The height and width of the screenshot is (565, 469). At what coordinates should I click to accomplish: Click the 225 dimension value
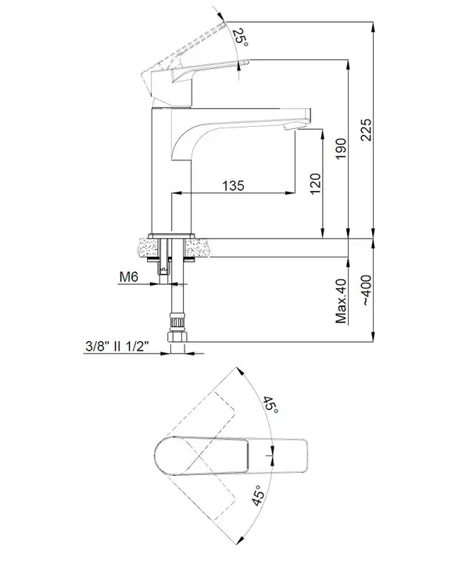366,129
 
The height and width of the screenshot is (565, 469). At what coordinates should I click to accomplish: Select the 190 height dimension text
341,149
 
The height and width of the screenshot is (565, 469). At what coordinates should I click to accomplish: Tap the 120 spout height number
315,184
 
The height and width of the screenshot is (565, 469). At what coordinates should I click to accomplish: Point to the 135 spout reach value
233,185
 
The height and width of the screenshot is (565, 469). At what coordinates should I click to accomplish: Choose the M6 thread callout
129,277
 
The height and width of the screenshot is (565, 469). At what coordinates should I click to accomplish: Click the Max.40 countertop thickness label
341,300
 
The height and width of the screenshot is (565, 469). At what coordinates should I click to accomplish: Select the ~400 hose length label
366,290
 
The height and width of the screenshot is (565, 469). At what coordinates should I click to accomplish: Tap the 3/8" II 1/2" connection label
117,347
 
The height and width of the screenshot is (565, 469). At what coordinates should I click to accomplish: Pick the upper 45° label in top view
270,405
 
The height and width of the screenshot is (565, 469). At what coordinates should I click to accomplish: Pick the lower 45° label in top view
258,495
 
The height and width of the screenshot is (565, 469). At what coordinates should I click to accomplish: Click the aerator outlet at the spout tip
291,126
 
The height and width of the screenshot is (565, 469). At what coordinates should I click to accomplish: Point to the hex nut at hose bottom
177,337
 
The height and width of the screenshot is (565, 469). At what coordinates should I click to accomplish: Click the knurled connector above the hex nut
177,320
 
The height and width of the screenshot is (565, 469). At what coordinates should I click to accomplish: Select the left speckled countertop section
148,247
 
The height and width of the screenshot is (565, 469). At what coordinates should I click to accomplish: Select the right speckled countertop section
198,247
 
